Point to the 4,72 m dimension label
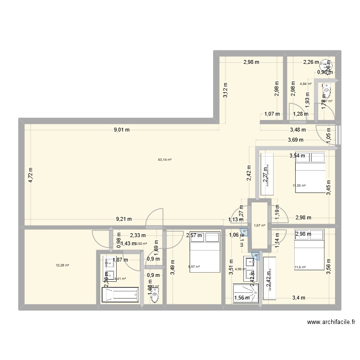[x=31, y=175]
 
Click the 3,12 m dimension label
[x=226, y=91]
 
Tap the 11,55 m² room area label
[x=299, y=185]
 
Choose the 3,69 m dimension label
[x=296, y=141]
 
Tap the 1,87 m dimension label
[x=120, y=260]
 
